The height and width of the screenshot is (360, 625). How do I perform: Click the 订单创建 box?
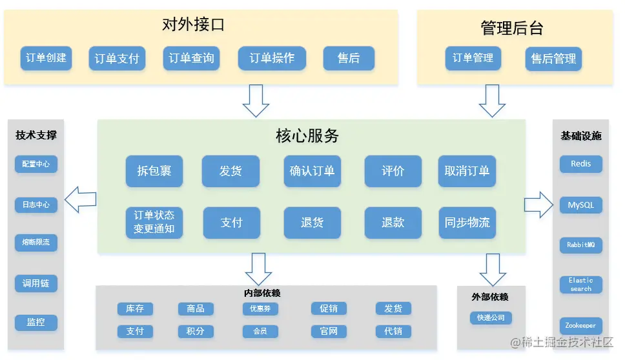click(x=46, y=58)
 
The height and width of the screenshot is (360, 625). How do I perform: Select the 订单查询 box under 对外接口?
click(x=191, y=58)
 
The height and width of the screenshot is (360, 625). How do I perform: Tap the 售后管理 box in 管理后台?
click(x=553, y=59)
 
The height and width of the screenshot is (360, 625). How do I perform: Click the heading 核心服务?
click(x=307, y=136)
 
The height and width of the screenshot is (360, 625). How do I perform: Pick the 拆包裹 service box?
click(x=154, y=171)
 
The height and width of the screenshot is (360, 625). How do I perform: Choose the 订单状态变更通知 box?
click(x=154, y=222)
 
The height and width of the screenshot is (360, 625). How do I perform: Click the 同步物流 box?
click(x=467, y=223)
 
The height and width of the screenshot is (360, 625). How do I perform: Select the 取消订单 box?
click(x=467, y=171)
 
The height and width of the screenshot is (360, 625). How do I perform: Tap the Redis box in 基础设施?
click(x=580, y=164)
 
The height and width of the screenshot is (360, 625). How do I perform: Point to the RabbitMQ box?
click(x=580, y=245)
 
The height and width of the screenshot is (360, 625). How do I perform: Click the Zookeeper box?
click(x=580, y=326)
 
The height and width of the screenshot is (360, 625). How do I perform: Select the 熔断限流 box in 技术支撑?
click(x=36, y=243)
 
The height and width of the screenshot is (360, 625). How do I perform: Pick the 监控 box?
click(x=36, y=321)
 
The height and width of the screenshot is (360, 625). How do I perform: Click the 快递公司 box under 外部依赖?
click(x=491, y=317)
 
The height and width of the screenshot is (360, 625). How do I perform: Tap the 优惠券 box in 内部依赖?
click(x=260, y=309)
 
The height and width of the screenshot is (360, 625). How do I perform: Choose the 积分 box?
click(x=196, y=331)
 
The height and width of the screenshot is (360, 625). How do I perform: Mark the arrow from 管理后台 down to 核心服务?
click(x=493, y=101)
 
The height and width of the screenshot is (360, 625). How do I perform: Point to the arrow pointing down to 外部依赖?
click(x=493, y=269)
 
